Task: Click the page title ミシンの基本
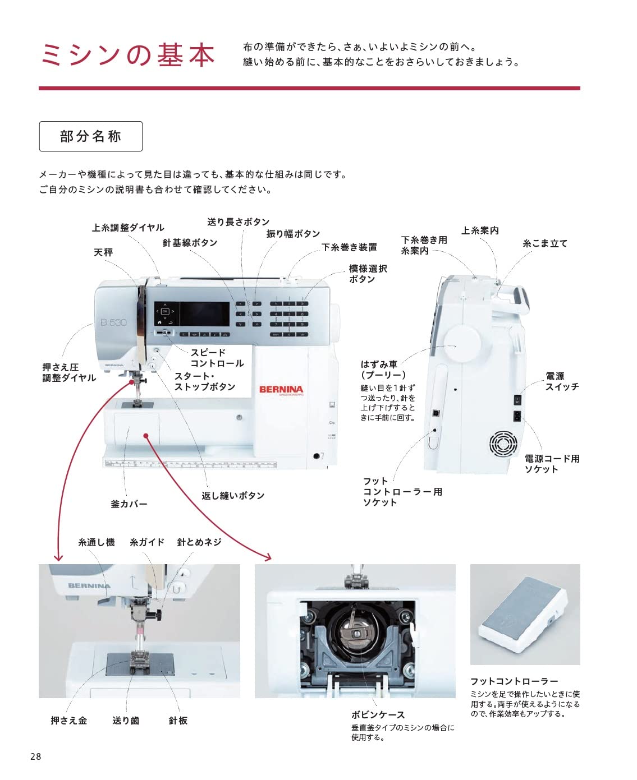click(128, 55)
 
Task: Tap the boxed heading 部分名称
click(90, 136)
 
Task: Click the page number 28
click(35, 756)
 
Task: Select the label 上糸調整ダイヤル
click(128, 228)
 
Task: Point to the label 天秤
click(103, 252)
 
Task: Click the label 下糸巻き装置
click(349, 247)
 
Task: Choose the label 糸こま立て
click(545, 243)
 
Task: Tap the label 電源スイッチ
click(562, 381)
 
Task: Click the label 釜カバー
click(129, 504)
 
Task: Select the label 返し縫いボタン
click(233, 496)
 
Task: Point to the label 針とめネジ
click(199, 542)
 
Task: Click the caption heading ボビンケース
click(378, 715)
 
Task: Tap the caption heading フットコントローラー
click(514, 681)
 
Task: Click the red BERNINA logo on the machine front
click(281, 389)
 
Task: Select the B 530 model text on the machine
click(113, 322)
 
